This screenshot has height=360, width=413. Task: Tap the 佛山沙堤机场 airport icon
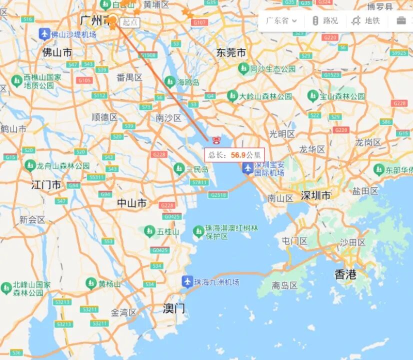tap(44, 34)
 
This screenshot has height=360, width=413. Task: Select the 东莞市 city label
tap(231, 52)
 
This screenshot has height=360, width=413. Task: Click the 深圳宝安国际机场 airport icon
tap(247, 168)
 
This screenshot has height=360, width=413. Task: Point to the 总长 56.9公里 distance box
tap(234, 155)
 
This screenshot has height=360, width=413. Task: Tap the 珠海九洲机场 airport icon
tap(187, 281)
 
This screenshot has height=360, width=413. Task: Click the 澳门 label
tap(173, 308)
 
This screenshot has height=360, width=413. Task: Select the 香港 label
tap(345, 274)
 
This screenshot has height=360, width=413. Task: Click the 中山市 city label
tap(132, 203)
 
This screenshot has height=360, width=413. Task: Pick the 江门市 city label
tap(46, 185)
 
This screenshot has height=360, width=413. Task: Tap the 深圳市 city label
tap(315, 195)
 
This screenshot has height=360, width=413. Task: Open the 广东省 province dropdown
tap(281, 21)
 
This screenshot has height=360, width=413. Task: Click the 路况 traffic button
tap(325, 21)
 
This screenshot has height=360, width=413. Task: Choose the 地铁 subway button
tap(366, 21)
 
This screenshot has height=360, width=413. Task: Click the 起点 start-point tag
tap(130, 22)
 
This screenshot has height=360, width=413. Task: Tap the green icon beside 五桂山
tap(149, 231)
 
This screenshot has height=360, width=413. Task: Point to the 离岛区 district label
tap(284, 286)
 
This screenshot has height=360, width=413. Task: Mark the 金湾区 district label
tap(123, 312)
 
